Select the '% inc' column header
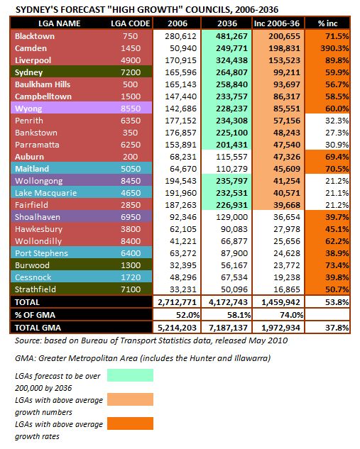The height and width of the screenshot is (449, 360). point(327,23)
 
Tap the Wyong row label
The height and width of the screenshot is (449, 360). point(28,109)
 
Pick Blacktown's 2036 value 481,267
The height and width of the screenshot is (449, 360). point(231,36)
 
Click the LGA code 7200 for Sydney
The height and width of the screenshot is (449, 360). point(131,72)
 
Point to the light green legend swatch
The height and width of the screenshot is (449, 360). point(130,375)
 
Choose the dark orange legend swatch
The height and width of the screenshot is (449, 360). point(130,423)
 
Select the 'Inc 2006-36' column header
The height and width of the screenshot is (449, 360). point(277,23)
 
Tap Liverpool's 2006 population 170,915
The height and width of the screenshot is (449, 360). point(180,60)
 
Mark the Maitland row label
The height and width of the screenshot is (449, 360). point(32,169)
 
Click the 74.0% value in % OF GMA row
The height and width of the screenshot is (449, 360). point(292,315)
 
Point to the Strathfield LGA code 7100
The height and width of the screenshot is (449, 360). point(131,289)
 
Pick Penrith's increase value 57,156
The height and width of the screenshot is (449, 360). point(287,121)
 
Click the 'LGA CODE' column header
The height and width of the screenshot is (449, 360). point(131,23)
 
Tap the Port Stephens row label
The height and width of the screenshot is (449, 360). point(42,253)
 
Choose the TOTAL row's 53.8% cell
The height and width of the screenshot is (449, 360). point(337,302)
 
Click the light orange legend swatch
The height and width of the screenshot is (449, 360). point(130,399)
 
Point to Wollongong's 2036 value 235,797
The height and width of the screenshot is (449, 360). point(231,181)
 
